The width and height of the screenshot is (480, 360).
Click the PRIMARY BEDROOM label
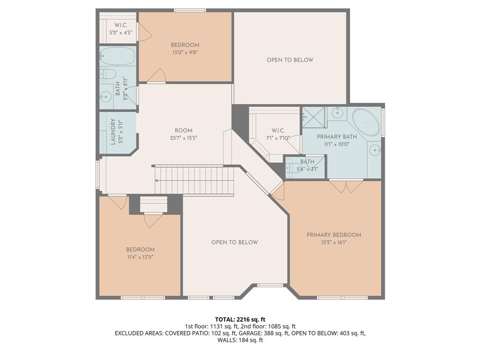[x=334, y=235]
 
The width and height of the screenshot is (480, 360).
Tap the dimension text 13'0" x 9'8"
[x=185, y=52]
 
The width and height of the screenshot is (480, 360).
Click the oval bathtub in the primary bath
[x=366, y=122]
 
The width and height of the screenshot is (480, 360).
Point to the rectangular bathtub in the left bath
[x=118, y=56]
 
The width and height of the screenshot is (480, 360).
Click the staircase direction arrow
[x=157, y=180]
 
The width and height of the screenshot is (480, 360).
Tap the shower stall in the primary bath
[x=314, y=117]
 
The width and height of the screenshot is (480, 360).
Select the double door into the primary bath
[x=346, y=186]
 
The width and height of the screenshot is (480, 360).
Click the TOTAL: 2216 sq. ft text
[x=240, y=320]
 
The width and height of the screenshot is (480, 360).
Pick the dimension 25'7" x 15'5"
[x=183, y=138]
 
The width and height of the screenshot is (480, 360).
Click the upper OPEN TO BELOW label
[x=290, y=60]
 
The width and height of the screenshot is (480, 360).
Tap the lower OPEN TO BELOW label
[x=234, y=242]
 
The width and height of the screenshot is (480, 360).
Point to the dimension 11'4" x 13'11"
[x=140, y=257]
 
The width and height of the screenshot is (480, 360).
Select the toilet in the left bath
[x=109, y=74]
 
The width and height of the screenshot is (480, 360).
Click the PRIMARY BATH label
[x=337, y=137]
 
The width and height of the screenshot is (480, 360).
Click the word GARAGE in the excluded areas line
[x=251, y=333]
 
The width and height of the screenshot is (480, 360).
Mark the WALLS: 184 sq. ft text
[x=240, y=340]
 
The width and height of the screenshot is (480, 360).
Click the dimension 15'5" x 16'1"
[x=334, y=242]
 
